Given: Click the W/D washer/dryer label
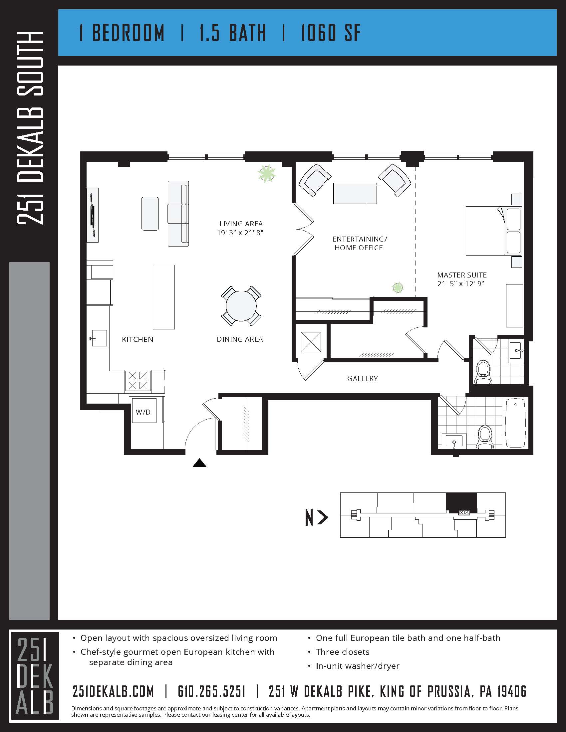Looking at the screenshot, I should point(143,412).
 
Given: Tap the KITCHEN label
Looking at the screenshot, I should point(138,339).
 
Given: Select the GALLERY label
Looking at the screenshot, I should point(363,378).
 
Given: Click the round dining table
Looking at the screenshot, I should point(241,306).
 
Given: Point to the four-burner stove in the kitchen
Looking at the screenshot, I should point(138,381).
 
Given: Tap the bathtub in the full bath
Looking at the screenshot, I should point(515,423).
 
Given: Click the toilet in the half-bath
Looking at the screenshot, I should point(483,371).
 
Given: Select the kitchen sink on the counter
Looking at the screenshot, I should point(99,338).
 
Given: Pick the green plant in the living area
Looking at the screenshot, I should point(267,173).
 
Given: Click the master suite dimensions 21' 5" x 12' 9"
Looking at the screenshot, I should point(460,283).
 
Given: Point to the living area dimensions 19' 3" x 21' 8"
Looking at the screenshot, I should point(240,233).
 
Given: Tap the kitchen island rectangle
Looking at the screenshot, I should point(163,297).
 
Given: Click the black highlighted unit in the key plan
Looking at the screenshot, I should point(461,503).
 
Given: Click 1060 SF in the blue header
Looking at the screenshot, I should point(330,33).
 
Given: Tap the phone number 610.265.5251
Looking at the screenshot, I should point(211,691).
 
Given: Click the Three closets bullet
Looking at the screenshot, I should point(342,651).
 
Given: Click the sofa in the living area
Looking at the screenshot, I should point(178,214).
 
